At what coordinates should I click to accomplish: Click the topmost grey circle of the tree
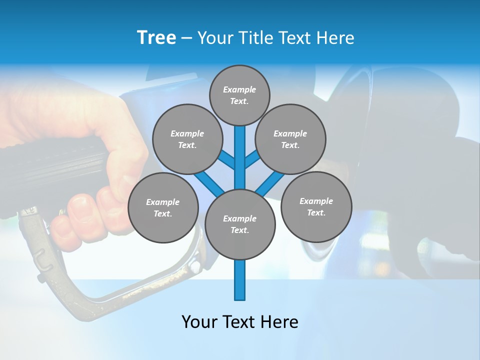coord(239,95)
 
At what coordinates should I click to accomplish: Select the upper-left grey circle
coord(187,139)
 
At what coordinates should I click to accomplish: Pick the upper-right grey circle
coord(290,139)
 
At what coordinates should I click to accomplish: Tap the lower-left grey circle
coord(163,207)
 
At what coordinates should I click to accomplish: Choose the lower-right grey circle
coord(316,206)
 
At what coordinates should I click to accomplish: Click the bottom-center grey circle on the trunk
coord(240,224)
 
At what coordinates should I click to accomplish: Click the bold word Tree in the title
coord(156,37)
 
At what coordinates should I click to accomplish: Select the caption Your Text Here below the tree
coord(240,321)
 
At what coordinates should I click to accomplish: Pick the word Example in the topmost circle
coord(239,89)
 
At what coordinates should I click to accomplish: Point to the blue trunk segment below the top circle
coord(240,150)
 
